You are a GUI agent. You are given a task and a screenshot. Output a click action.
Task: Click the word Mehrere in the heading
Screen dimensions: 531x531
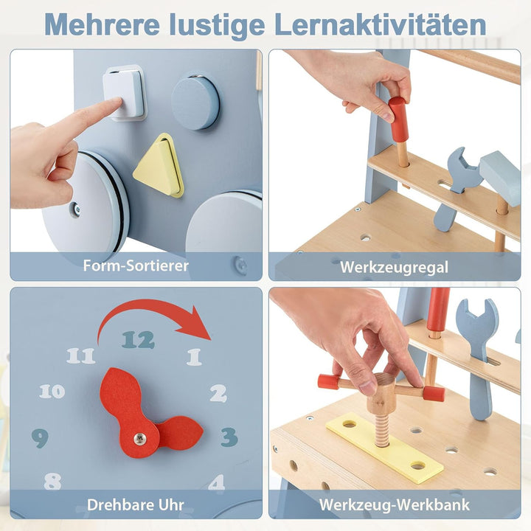[103, 25]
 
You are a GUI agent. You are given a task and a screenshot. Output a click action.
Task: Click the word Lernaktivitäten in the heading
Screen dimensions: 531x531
[381, 24]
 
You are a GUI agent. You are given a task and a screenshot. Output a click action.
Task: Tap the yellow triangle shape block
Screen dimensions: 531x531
[159, 166]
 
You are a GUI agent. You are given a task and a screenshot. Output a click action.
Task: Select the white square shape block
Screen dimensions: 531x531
[124, 93]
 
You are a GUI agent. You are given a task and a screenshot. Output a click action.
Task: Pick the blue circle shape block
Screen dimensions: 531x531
[195, 103]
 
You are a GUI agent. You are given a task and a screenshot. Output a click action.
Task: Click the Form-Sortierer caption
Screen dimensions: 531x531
[136, 265]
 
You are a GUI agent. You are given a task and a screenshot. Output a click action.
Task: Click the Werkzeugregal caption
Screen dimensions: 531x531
[394, 267]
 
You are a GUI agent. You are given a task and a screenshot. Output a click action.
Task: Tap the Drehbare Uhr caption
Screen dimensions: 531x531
[136, 505]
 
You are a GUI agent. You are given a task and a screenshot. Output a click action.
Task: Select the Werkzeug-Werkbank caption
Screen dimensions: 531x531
[394, 505]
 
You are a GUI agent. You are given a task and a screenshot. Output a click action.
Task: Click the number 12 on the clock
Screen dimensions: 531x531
[139, 340]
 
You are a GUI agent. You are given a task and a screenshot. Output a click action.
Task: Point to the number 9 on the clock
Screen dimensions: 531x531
[41, 439]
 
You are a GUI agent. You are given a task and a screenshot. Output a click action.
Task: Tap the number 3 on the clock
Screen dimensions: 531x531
[229, 437]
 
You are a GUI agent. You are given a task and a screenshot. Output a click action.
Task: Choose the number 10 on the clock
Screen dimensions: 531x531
[52, 392]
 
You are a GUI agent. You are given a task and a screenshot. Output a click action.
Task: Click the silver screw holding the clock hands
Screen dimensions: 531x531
[140, 439]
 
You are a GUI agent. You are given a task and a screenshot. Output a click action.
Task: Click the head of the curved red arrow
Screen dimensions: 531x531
[198, 324]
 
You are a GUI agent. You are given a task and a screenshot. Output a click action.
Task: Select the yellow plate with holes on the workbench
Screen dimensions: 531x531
[384, 447]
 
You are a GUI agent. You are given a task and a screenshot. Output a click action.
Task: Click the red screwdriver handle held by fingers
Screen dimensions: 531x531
[398, 119]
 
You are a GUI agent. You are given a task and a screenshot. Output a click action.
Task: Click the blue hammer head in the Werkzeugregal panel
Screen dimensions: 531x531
[501, 178]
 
